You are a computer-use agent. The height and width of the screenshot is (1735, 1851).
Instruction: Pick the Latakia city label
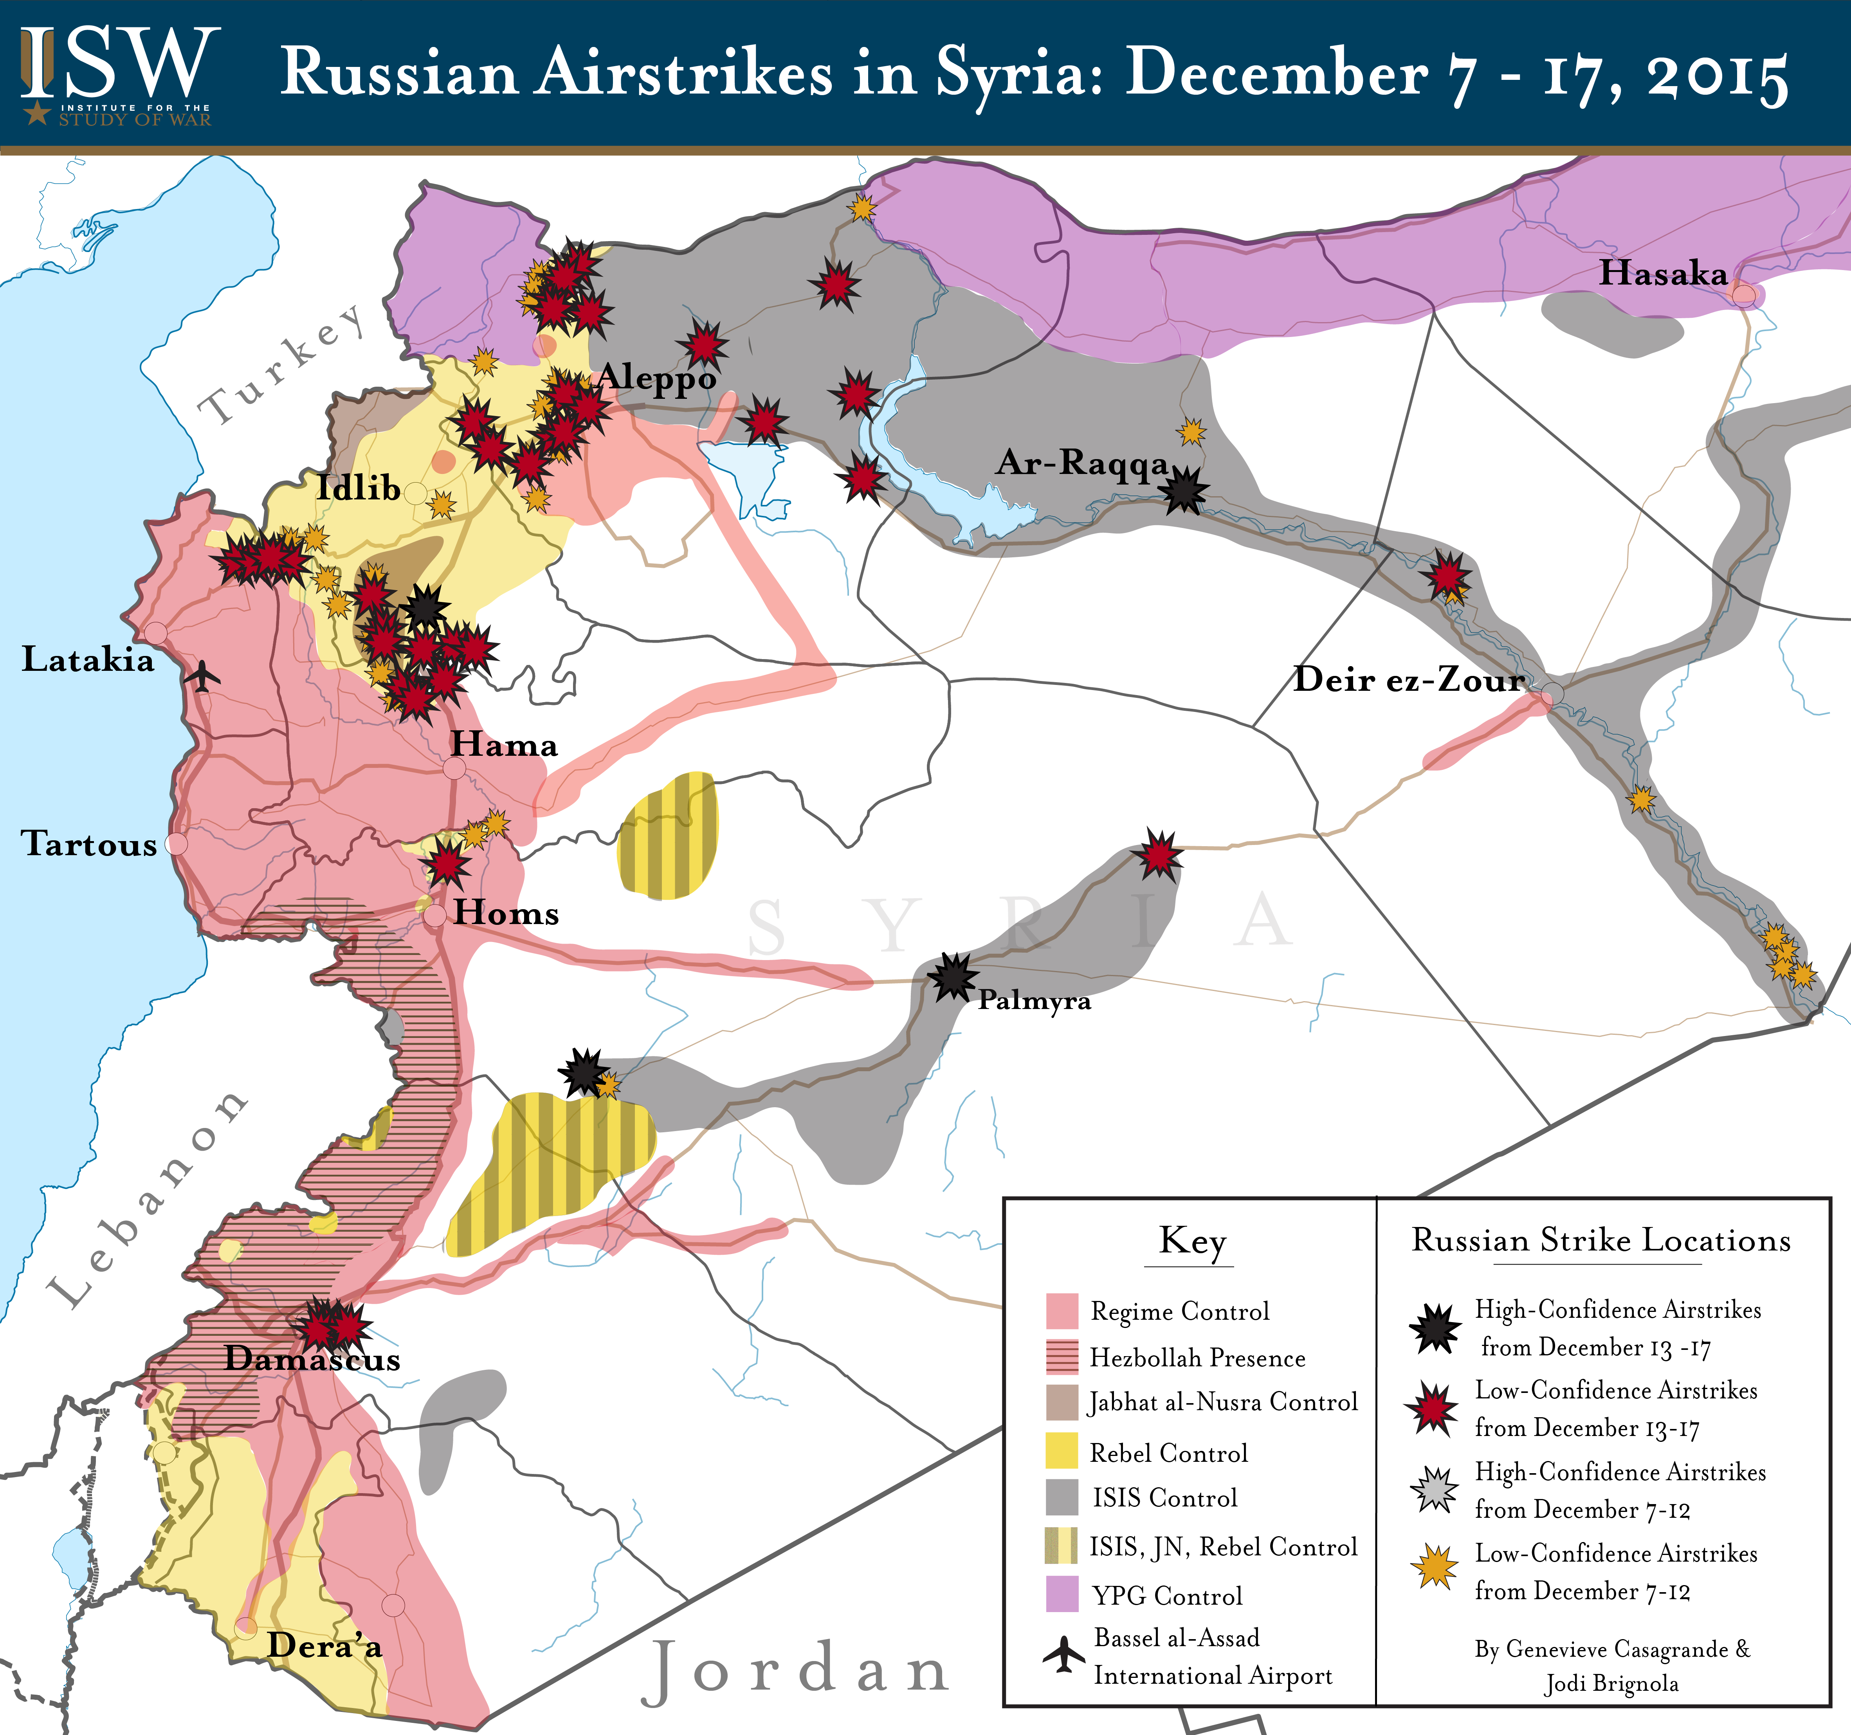(88, 659)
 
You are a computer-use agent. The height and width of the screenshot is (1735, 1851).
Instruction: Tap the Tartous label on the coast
(89, 843)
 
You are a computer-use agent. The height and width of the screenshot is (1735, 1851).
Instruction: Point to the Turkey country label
(284, 365)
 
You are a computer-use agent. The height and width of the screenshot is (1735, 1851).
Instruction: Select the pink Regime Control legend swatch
(1062, 1311)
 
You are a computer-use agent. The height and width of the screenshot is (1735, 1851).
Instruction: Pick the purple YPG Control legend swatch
(1062, 1594)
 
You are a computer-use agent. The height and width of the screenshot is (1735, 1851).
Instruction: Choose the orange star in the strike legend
(1434, 1567)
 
